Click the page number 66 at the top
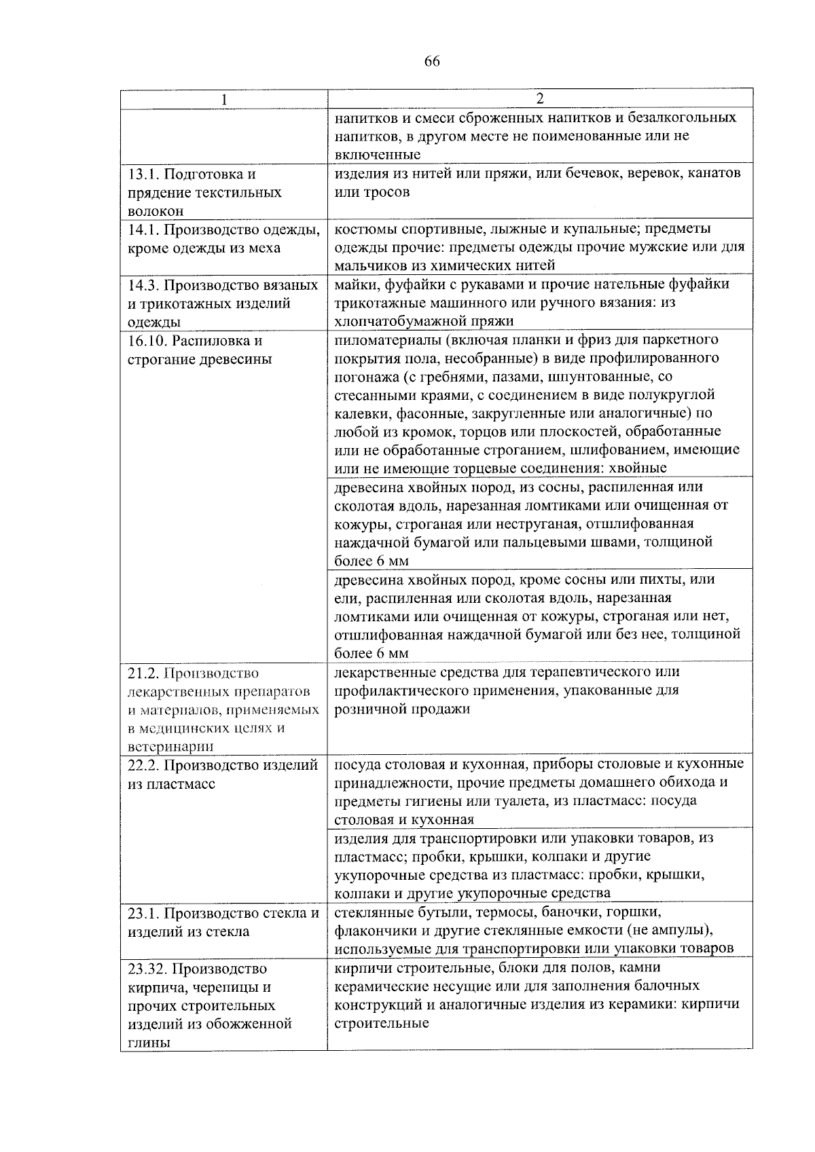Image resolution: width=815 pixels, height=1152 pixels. (432, 62)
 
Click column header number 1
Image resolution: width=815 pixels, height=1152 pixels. (223, 99)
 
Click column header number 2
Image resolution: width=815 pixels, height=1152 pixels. (539, 98)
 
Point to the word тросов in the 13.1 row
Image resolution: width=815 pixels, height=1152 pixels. (388, 192)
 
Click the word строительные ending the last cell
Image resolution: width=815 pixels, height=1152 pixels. (381, 1023)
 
